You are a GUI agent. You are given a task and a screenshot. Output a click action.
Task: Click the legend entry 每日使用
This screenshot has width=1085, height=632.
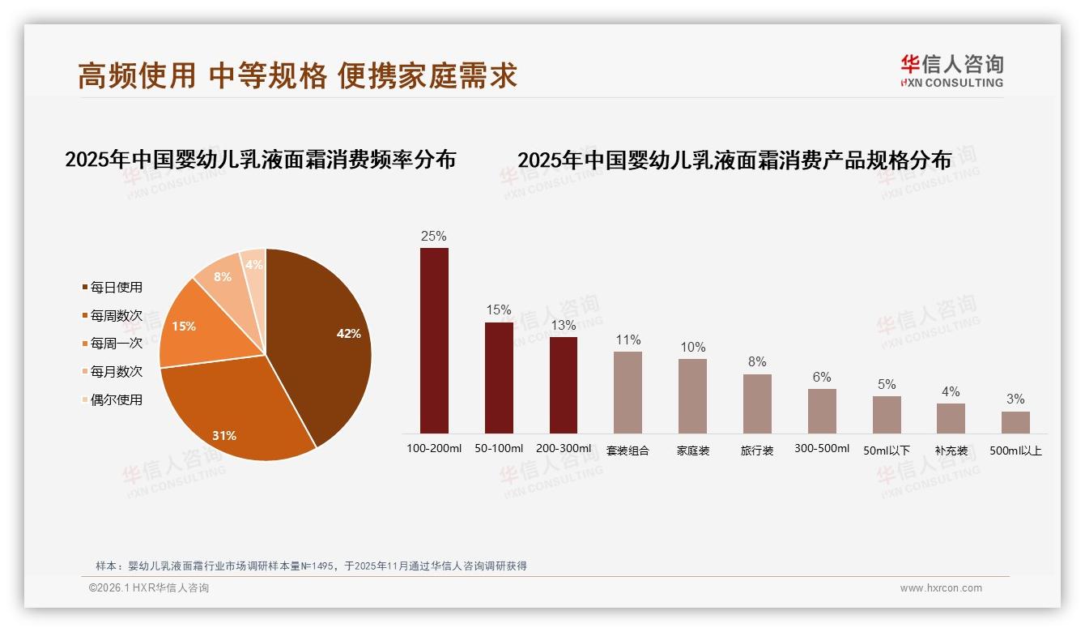coord(116,288)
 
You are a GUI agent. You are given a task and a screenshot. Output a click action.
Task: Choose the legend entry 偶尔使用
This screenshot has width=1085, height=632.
coord(116,399)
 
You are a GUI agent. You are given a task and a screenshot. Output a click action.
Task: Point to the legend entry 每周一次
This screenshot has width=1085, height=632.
coord(116,344)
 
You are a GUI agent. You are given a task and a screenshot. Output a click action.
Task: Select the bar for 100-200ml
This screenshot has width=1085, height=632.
coord(434,340)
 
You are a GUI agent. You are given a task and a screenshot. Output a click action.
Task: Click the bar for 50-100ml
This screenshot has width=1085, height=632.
coord(499,378)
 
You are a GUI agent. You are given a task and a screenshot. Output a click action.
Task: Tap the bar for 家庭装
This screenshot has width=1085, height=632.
coord(692,396)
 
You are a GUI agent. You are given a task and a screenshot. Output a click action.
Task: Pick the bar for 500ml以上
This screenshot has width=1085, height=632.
coord(1015,422)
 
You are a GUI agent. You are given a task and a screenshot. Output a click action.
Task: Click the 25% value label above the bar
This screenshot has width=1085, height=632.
coord(434,237)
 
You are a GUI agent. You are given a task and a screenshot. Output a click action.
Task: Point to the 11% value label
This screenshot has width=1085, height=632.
coord(628,340)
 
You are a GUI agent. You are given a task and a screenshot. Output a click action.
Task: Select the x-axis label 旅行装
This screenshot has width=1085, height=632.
coord(757,451)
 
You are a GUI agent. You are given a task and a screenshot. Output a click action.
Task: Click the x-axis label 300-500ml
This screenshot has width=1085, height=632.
coord(822,449)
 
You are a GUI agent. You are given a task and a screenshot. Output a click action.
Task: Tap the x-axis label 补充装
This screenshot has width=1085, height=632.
coord(951,451)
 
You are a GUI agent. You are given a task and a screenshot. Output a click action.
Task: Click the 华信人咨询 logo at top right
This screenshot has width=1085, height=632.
coord(951,70)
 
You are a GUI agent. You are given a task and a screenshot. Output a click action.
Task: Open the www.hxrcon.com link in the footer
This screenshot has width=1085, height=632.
coord(941,588)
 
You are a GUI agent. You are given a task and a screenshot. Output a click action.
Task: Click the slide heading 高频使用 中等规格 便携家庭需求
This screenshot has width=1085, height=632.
coord(297,75)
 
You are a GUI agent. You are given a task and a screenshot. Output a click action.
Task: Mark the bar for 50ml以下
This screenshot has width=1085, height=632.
coord(887,415)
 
